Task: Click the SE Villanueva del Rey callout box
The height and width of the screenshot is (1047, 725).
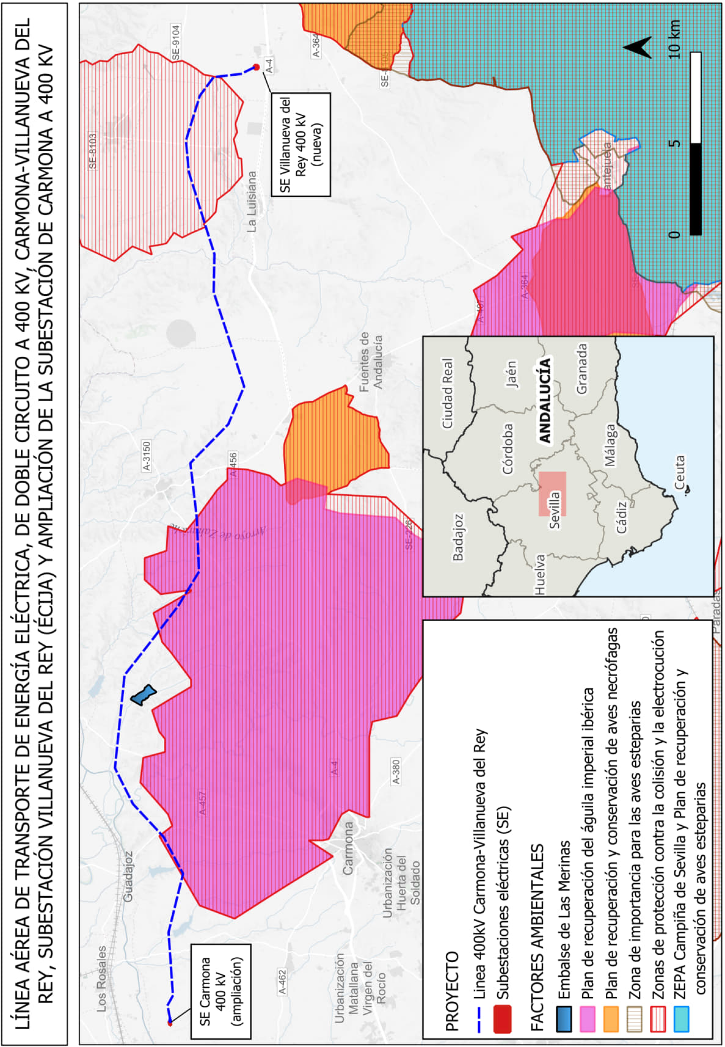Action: tap(301, 144)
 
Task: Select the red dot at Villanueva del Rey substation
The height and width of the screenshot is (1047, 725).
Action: tap(256, 67)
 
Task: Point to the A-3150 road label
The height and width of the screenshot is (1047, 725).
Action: tap(146, 456)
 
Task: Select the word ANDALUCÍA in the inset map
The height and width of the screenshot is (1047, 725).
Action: tap(545, 400)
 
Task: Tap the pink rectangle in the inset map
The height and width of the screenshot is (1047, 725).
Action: tap(552, 494)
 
